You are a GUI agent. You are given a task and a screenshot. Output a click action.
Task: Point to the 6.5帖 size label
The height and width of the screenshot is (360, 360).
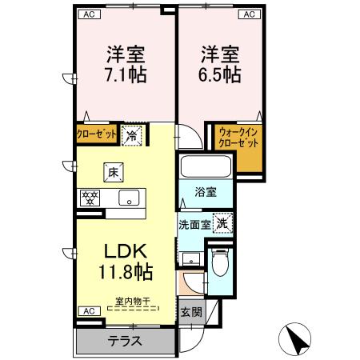point(221,74)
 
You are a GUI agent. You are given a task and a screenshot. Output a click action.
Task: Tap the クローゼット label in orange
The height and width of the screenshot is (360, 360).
point(97,134)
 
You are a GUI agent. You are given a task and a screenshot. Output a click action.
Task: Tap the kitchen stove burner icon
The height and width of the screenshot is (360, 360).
point(89,197)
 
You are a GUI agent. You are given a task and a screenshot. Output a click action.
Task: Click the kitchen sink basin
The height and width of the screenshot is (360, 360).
point(129,198)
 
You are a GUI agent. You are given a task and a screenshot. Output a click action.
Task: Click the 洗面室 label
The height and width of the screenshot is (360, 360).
point(194,225)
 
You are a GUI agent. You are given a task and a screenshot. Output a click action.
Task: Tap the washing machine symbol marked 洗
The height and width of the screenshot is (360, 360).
point(223,223)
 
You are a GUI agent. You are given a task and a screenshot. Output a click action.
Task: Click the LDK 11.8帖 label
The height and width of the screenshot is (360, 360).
point(126,259)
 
